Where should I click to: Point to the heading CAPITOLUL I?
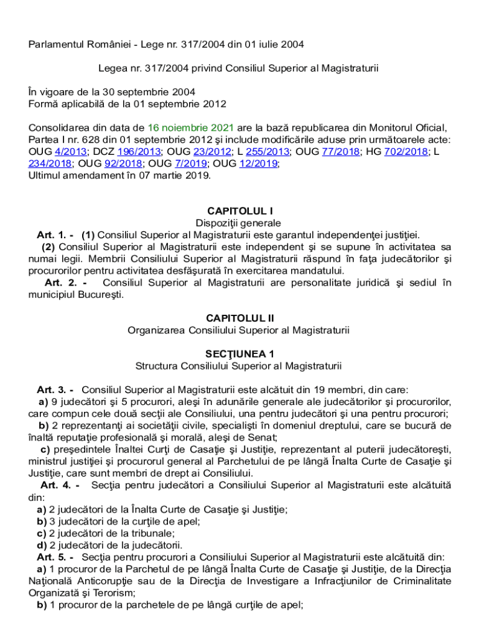(x=240, y=211)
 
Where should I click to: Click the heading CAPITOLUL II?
(x=240, y=318)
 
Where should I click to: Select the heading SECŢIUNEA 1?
(x=240, y=354)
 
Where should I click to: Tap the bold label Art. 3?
(x=55, y=389)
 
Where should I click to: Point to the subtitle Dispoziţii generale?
(x=240, y=223)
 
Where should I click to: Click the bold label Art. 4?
(x=58, y=485)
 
